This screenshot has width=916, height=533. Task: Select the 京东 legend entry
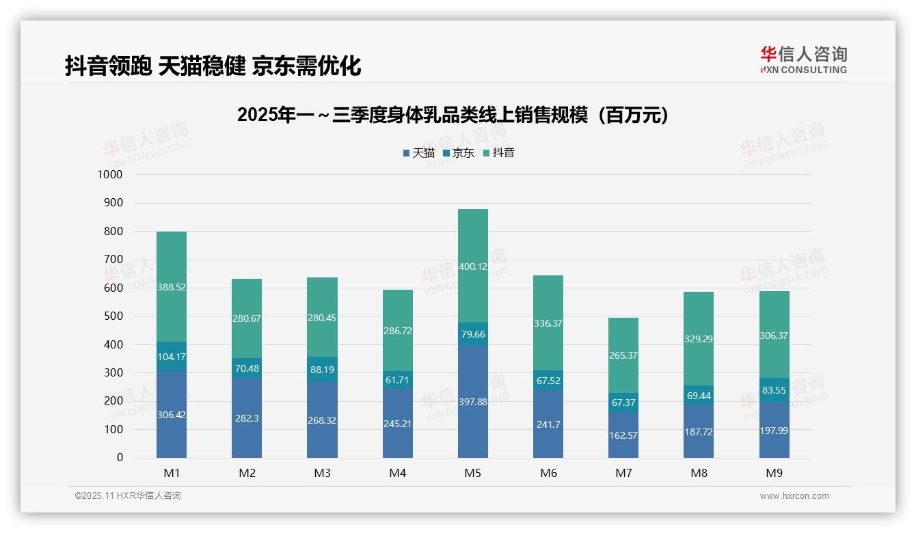coord(459,153)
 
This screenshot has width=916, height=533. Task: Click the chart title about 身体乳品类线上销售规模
coord(453,115)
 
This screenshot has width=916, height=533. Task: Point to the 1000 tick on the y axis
coord(110,175)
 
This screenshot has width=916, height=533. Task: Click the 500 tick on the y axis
coord(113,316)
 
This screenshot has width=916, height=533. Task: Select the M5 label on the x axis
coord(473,473)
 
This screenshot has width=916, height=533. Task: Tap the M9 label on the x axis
coord(774,473)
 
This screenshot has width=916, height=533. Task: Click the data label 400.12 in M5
coord(473,266)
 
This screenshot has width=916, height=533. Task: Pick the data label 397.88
coord(473,402)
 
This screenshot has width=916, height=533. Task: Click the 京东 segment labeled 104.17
coord(172,357)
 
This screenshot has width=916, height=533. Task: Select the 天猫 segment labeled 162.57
coord(623,435)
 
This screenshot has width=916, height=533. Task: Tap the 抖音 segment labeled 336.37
coord(548,323)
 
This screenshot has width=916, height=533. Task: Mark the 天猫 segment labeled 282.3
coord(247,418)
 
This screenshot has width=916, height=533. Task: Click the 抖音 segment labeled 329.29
coord(699,338)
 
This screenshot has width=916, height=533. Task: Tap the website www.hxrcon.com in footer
coord(794,496)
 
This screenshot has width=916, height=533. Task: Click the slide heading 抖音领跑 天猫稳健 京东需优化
coord(213,66)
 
